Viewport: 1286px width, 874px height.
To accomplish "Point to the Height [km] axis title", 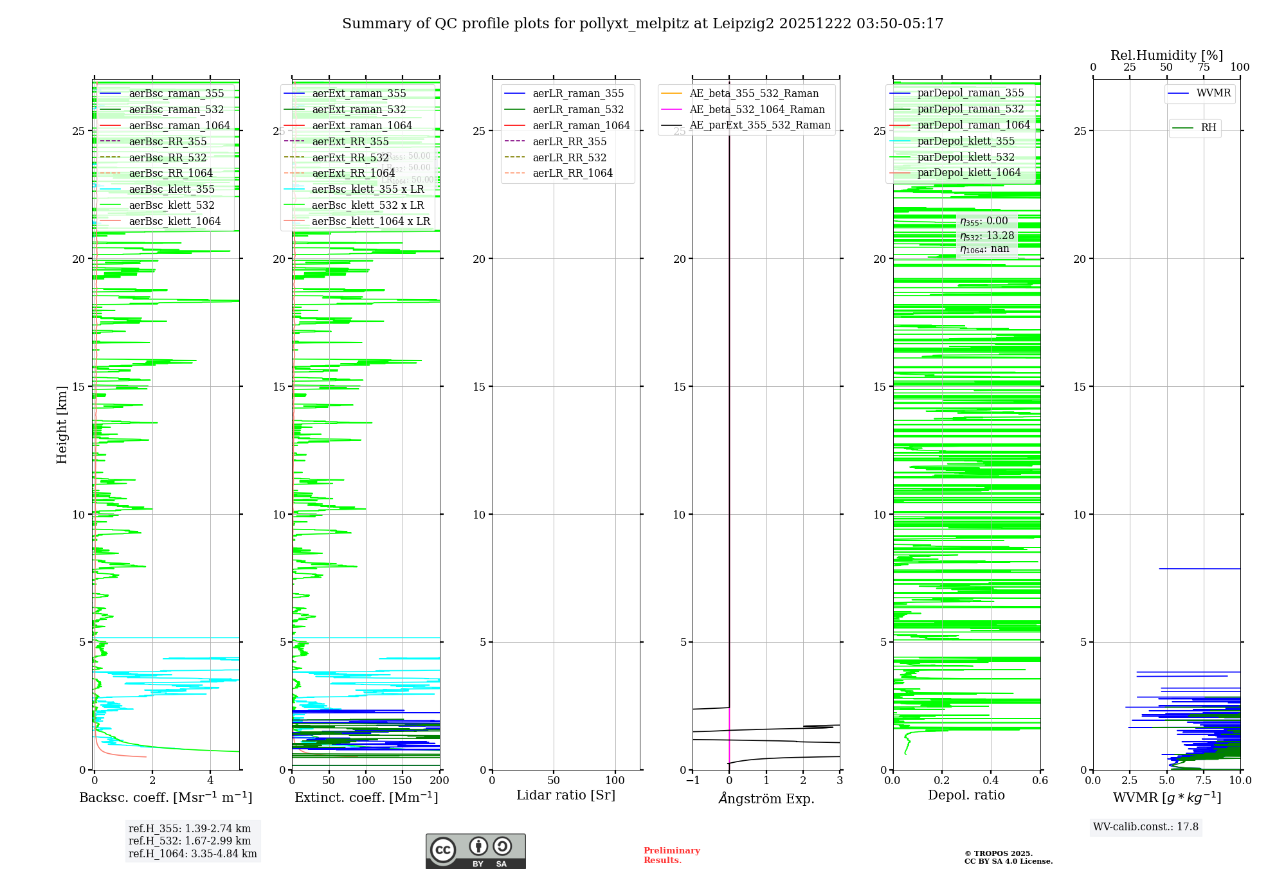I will pos(62,425).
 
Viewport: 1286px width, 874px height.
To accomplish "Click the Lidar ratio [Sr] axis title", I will pos(566,795).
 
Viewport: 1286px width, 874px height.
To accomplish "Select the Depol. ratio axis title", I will pos(966,795).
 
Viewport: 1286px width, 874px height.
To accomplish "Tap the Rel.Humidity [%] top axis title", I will pos(1166,55).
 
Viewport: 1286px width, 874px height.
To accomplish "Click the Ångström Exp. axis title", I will pos(766,798).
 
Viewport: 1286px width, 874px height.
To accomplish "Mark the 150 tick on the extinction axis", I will pos(403,780).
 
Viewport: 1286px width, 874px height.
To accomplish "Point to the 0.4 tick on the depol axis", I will pos(991,780).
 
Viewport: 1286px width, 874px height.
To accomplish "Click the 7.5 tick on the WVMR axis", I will pos(1203,780).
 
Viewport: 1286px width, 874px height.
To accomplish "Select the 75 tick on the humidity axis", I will pos(1203,67).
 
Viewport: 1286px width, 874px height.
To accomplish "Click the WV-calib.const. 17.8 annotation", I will pos(1146,826).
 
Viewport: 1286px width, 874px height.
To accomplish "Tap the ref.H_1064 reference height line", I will pos(192,854).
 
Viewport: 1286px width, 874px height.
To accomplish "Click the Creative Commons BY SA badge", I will pos(475,851).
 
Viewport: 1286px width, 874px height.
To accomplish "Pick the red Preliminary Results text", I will pos(671,855).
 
